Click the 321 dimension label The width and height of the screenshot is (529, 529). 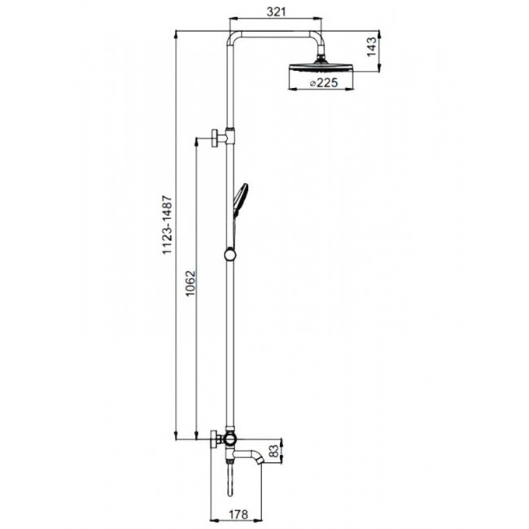276,12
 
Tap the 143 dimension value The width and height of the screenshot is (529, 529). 371,46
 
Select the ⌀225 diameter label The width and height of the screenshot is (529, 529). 323,83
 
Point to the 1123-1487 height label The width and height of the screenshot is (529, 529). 168,225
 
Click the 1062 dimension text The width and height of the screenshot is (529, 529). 191,282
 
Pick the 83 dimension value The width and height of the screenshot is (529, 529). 275,452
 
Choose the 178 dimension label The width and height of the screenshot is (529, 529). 238,514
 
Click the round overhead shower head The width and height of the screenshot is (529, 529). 321,67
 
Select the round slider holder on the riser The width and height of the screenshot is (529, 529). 230,255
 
